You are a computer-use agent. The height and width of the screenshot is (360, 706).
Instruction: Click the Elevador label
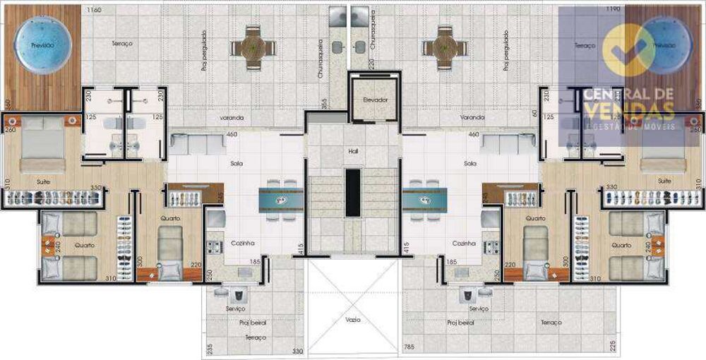point(375,100)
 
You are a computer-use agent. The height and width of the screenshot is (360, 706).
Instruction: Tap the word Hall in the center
point(353,151)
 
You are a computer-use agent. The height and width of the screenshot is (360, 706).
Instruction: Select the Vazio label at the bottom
point(353,319)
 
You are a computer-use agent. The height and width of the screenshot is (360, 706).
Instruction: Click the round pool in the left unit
point(44,44)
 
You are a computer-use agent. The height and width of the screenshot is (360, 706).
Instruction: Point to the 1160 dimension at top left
point(93,11)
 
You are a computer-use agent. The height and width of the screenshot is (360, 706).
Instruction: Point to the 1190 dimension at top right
point(613,11)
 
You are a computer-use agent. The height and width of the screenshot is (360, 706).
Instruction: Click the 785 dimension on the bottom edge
point(409,347)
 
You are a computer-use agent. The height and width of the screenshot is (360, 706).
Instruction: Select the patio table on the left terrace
point(252,47)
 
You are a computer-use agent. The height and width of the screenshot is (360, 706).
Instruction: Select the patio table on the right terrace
point(445,47)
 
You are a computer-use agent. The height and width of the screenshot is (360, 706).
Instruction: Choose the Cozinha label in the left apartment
point(242,243)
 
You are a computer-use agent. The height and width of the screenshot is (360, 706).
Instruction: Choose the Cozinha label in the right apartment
point(464,243)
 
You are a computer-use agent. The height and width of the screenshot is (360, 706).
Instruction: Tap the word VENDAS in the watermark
point(628,111)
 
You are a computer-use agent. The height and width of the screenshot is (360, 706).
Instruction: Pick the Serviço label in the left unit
point(235,309)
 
